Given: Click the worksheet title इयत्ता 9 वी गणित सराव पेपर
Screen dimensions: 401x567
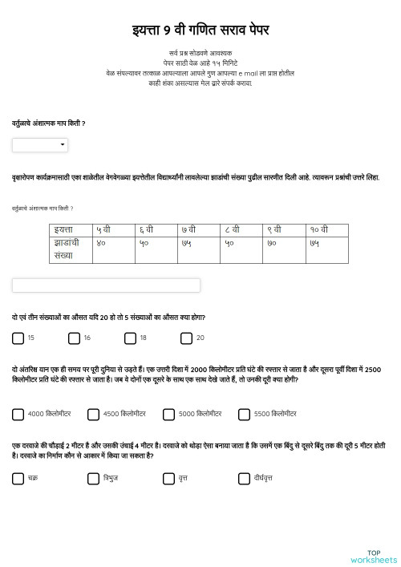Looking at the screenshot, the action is tap(200, 30).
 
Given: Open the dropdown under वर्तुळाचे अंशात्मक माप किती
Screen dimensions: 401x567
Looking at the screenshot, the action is tap(40, 145).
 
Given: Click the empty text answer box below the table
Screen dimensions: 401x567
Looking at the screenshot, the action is tap(106, 286).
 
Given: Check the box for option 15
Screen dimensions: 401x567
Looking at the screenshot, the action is tap(18, 338).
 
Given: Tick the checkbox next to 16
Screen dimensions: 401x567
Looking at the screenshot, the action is tap(74, 338).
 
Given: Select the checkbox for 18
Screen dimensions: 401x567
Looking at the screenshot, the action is tap(130, 338).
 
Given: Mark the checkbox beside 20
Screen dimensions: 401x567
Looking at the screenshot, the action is tap(186, 338).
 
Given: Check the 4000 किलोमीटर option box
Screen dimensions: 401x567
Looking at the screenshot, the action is tap(18, 415).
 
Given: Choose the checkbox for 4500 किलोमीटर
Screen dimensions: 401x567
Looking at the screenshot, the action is tap(93, 415).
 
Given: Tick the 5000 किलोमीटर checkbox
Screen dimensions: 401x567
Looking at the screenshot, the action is tap(168, 415).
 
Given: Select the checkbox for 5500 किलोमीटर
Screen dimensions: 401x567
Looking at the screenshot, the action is tap(244, 415).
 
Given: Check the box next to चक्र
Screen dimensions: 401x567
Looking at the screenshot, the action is tap(18, 479).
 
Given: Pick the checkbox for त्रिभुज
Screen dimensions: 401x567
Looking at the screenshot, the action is tap(93, 479).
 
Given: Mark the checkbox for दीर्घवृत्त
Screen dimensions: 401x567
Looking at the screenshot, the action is tap(244, 479).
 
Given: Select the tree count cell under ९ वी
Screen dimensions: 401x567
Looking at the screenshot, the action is tap(284, 249).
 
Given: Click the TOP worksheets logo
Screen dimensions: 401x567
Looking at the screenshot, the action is tap(374, 556).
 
